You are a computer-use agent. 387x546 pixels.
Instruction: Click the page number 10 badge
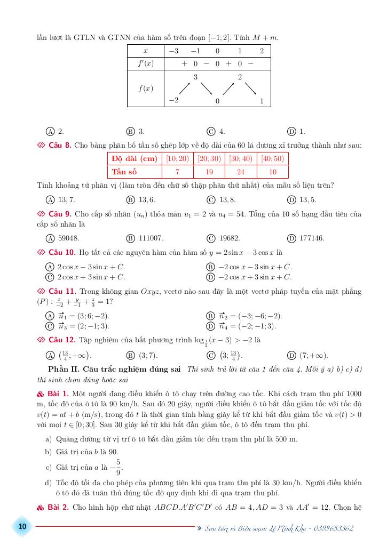pyautogui.click(x=22, y=527)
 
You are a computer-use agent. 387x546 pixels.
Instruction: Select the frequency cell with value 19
pyautogui.click(x=209, y=172)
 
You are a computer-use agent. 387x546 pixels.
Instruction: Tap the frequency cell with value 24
pyautogui.click(x=241, y=172)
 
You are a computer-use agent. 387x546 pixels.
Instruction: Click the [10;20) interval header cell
pyautogui.click(x=177, y=158)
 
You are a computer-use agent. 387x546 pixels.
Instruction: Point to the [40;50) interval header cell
pyautogui.click(x=272, y=158)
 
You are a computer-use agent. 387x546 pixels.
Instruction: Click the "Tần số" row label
pyautogui.click(x=124, y=172)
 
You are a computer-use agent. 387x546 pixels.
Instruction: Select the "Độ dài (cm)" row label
pyautogui.click(x=135, y=158)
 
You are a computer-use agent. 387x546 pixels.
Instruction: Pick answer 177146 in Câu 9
pyautogui.click(x=312, y=238)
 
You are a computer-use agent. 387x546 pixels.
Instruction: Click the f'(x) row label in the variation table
pyautogui.click(x=145, y=63)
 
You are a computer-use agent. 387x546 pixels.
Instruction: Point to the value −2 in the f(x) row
pyautogui.click(x=173, y=100)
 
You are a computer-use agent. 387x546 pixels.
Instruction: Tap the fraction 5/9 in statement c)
pyautogui.click(x=118, y=467)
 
